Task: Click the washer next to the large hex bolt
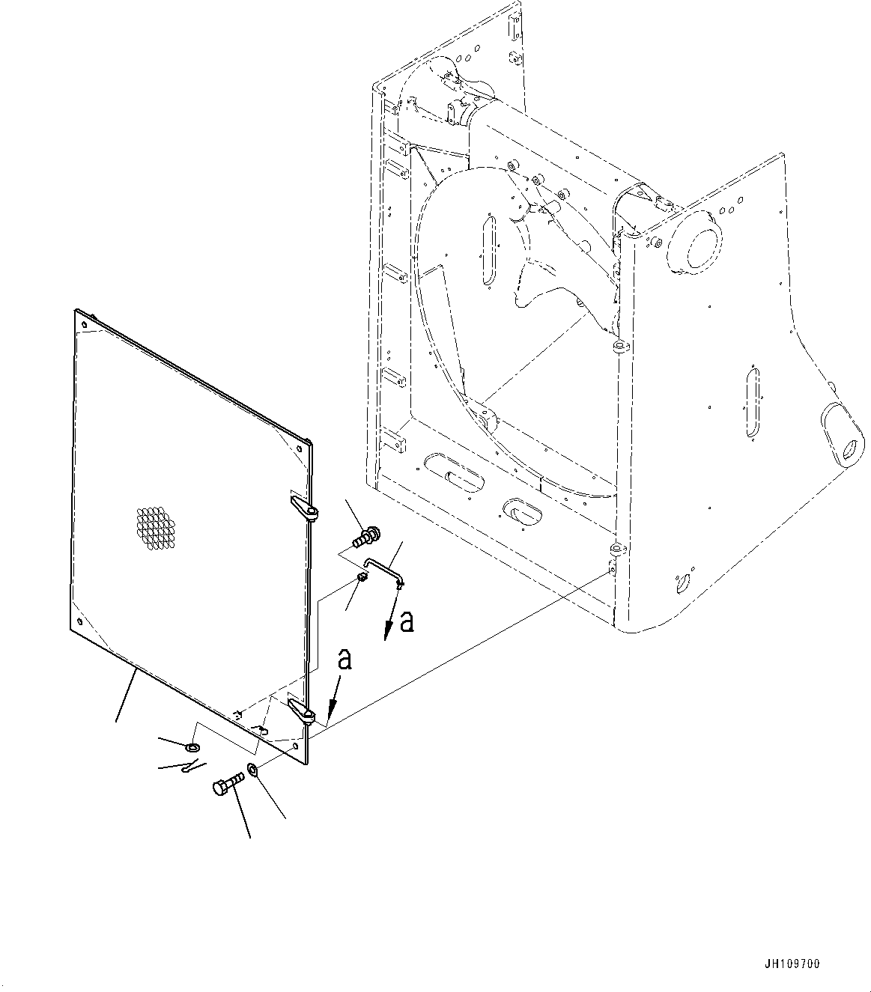(252, 770)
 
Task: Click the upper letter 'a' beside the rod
(407, 621)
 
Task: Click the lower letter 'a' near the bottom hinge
(345, 659)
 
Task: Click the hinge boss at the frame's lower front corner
(616, 552)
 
